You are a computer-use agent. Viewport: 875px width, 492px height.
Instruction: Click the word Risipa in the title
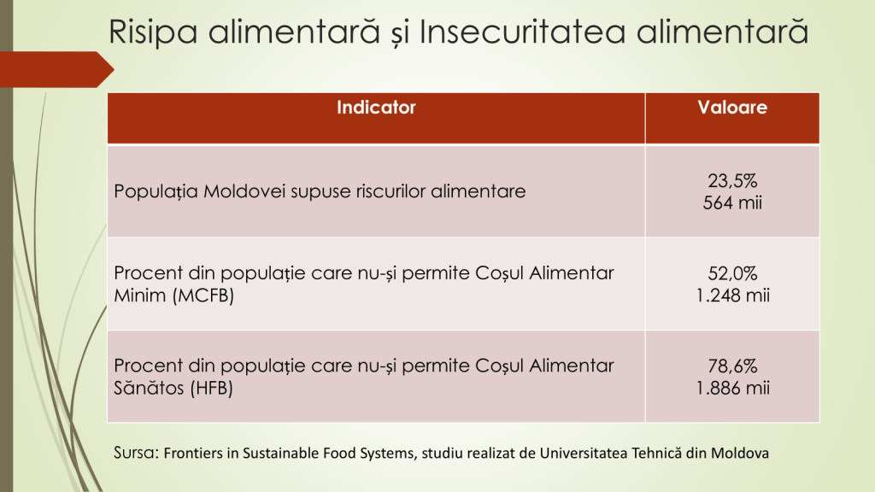click(153, 32)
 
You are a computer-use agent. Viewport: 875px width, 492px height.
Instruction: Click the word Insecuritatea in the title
click(522, 32)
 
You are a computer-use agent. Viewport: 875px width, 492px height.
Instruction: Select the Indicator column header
click(376, 107)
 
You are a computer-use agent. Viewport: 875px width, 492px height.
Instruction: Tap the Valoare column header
click(732, 107)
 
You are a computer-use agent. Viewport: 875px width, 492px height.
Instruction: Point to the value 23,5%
click(732, 181)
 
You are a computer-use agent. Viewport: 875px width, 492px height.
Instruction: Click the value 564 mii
click(732, 202)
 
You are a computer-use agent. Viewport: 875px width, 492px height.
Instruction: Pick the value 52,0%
click(732, 273)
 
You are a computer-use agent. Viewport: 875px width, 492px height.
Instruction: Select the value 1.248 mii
click(732, 295)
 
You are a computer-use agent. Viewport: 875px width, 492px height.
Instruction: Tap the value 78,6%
click(732, 366)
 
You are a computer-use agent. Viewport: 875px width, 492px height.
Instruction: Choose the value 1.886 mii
click(732, 388)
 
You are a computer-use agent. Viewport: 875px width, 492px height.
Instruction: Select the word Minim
click(140, 295)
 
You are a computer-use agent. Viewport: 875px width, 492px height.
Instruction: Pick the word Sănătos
click(149, 387)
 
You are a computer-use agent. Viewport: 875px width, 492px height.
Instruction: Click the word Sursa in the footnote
click(136, 453)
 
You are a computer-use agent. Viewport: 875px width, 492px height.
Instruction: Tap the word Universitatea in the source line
click(583, 453)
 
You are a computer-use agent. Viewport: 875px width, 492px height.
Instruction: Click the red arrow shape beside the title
click(56, 69)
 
